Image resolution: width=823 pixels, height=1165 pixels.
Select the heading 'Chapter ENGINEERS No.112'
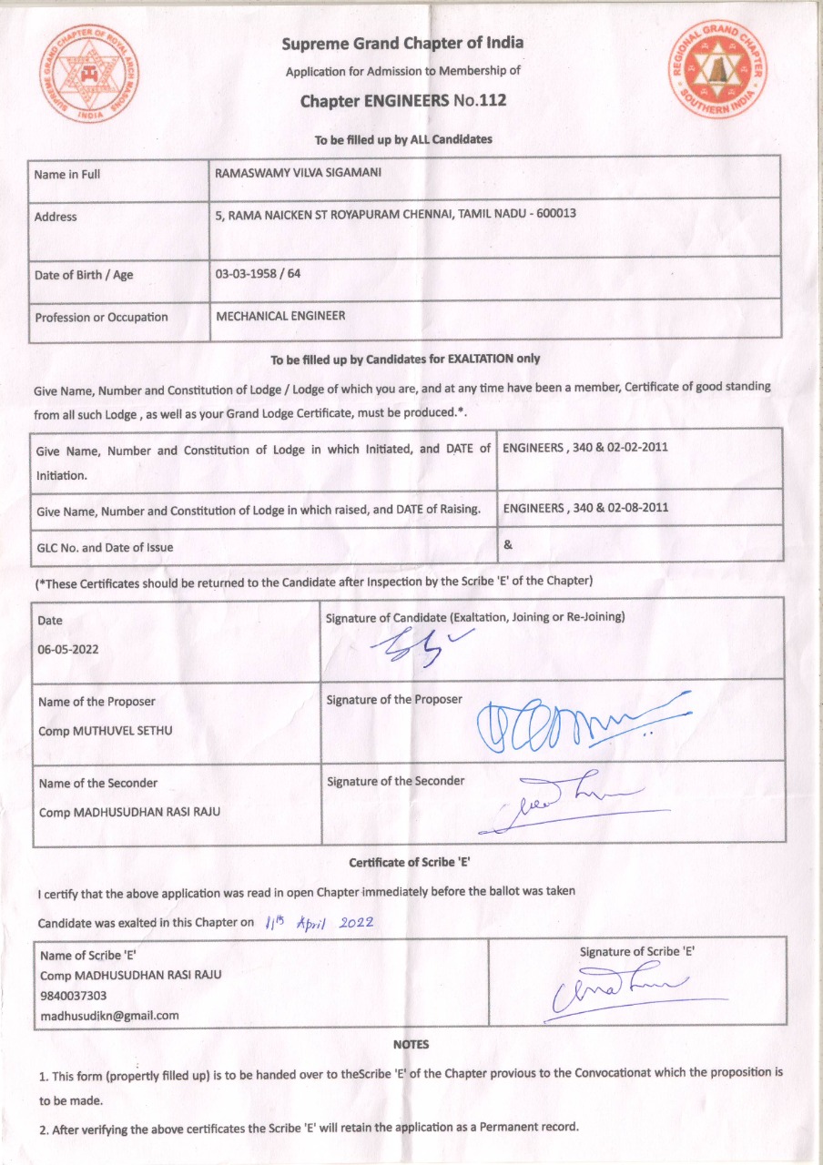[403, 100]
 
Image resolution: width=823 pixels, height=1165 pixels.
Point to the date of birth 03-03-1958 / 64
[258, 273]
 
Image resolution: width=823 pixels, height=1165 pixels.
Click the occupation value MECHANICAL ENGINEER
[280, 316]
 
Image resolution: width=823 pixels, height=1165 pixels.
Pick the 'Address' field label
[56, 217]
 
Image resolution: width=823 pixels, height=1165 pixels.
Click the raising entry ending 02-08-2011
[585, 508]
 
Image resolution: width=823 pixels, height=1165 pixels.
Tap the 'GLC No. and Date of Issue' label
[105, 547]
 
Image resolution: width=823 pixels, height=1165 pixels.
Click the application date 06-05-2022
[69, 651]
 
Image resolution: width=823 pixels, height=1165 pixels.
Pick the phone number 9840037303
[72, 995]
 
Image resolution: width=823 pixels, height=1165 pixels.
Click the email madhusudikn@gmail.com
[108, 1015]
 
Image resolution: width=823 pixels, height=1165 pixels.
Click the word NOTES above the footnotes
[411, 1044]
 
